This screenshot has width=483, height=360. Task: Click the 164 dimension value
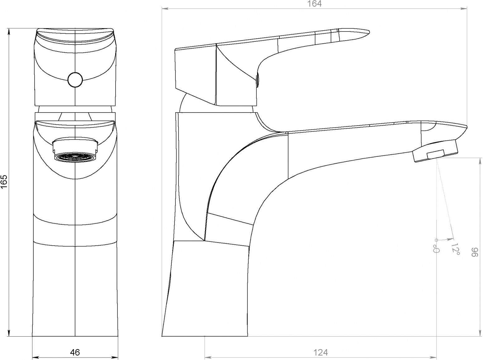314,4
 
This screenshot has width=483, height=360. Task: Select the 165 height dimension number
4,182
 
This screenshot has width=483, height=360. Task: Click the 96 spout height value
474,252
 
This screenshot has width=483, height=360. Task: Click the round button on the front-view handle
75,80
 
